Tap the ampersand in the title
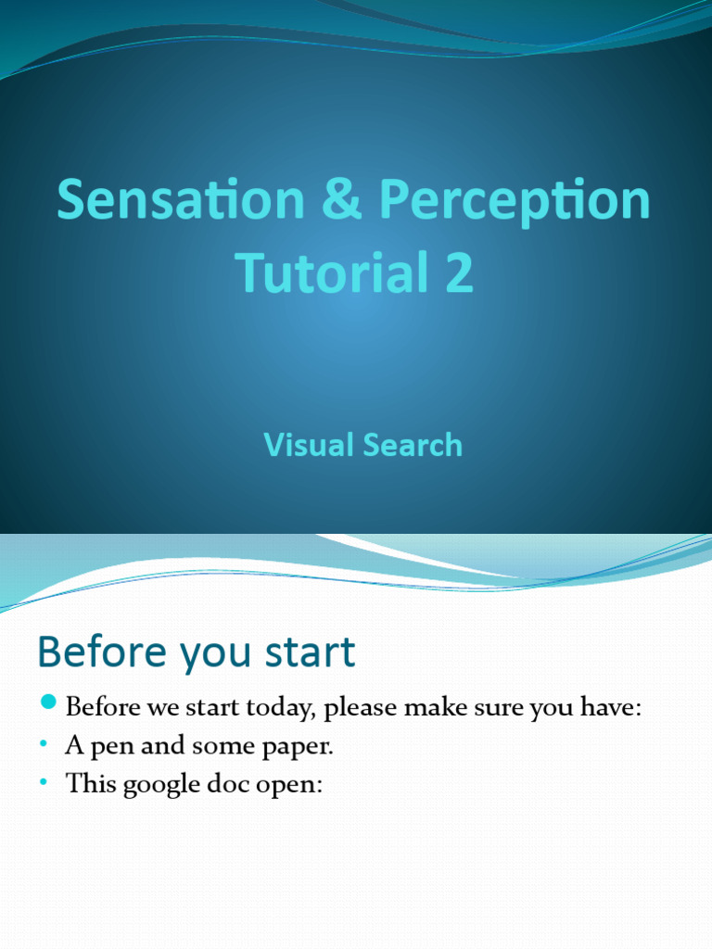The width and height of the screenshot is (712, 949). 343,200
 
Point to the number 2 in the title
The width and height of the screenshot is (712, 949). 458,273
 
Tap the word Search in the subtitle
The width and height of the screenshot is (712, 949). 413,445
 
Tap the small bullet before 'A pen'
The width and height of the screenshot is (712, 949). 44,746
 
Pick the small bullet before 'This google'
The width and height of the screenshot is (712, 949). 44,784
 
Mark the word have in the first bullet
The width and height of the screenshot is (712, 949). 608,709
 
